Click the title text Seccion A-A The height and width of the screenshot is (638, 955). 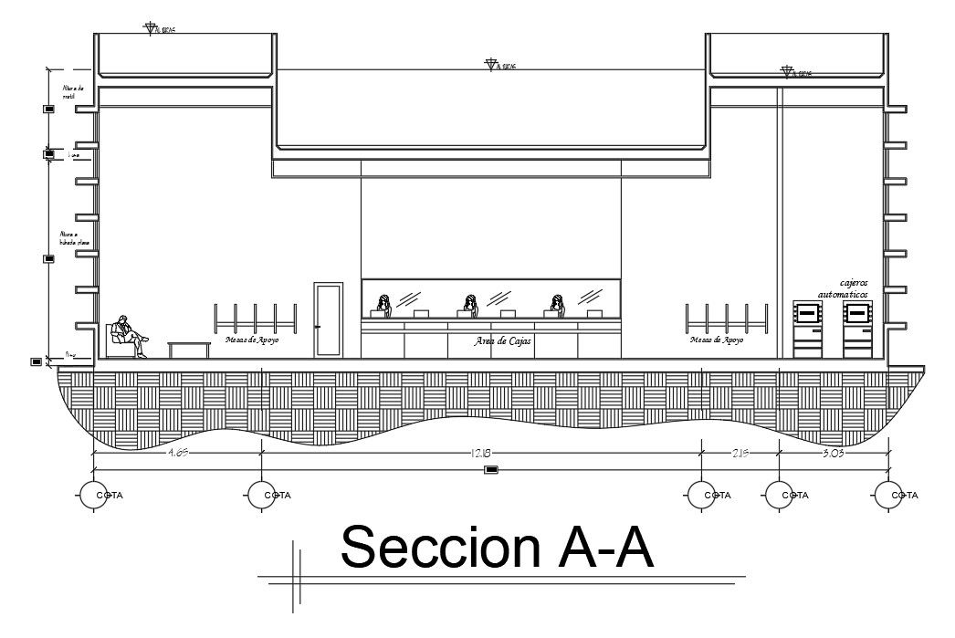pos(497,548)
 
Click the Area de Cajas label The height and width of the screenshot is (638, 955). pos(503,341)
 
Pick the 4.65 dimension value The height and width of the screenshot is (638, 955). pos(177,452)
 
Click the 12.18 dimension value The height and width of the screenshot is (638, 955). pos(482,452)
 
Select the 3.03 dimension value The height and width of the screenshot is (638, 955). pos(834,452)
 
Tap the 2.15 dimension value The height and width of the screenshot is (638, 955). pos(740,452)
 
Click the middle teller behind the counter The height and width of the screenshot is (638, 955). pos(471,306)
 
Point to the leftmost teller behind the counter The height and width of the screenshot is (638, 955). pos(384,306)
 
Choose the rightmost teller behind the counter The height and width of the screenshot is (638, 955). pos(557,306)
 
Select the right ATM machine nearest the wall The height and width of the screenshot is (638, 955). pos(857,329)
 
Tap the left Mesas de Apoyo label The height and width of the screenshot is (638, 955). pos(252,340)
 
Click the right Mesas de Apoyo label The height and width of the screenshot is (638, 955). pos(717,340)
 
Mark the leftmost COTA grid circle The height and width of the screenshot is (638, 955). pos(95,495)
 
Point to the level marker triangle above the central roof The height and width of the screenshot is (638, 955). pos(491,65)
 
